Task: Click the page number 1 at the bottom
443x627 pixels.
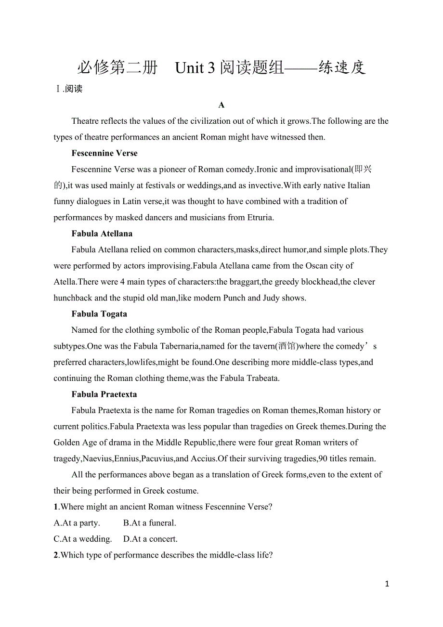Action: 387,584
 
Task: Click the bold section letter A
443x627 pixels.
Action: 221,105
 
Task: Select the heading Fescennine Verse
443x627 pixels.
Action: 104,153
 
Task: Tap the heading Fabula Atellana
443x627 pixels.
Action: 102,234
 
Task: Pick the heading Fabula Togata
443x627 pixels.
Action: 99,314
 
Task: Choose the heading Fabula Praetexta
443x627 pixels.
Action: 104,394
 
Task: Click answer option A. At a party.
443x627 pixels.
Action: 77,523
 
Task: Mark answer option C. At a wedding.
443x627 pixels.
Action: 83,539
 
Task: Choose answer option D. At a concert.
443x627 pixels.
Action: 150,539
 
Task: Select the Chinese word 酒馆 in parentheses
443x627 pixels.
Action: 287,346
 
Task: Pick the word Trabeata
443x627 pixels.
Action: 262,378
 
